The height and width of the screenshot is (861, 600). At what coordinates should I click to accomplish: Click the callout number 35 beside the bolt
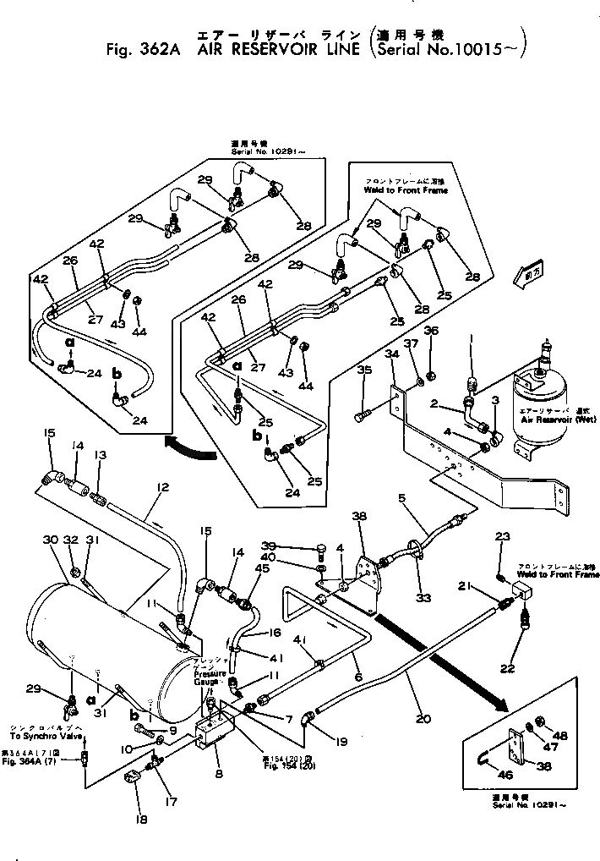click(363, 370)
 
